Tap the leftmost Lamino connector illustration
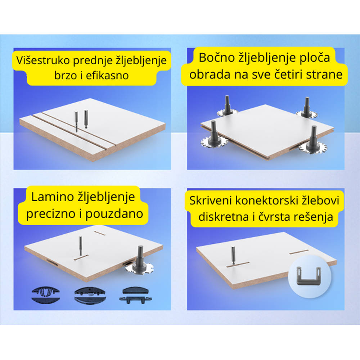[45, 295]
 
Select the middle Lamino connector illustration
[90, 295]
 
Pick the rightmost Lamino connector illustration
[135, 295]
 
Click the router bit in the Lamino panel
[81, 246]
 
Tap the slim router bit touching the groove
[76, 121]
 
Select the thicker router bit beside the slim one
[86, 119]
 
